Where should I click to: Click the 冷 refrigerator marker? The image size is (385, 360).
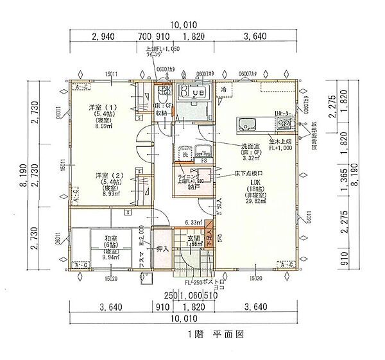[x=224, y=90]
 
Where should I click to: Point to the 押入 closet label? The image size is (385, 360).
[x=162, y=248]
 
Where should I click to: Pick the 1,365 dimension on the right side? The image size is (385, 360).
[x=341, y=175]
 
